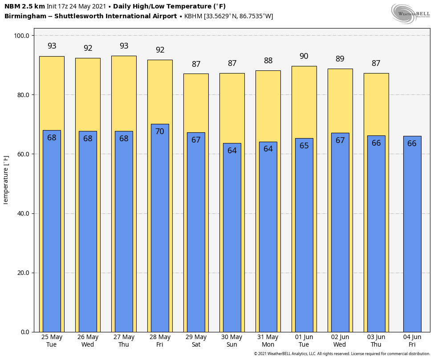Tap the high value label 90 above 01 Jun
coord(304,57)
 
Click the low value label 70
coord(160,131)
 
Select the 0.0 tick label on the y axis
coord(25,332)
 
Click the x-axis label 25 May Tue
coord(52,341)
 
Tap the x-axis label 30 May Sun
coord(232,341)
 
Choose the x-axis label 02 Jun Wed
coord(340,341)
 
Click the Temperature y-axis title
coord(6,180)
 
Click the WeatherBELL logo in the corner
coord(410,13)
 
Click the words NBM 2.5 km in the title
coord(24,6)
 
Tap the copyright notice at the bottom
coord(342,354)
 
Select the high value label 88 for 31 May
coord(268,61)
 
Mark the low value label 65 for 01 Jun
coord(304,146)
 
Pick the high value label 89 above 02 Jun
coord(340,59)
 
